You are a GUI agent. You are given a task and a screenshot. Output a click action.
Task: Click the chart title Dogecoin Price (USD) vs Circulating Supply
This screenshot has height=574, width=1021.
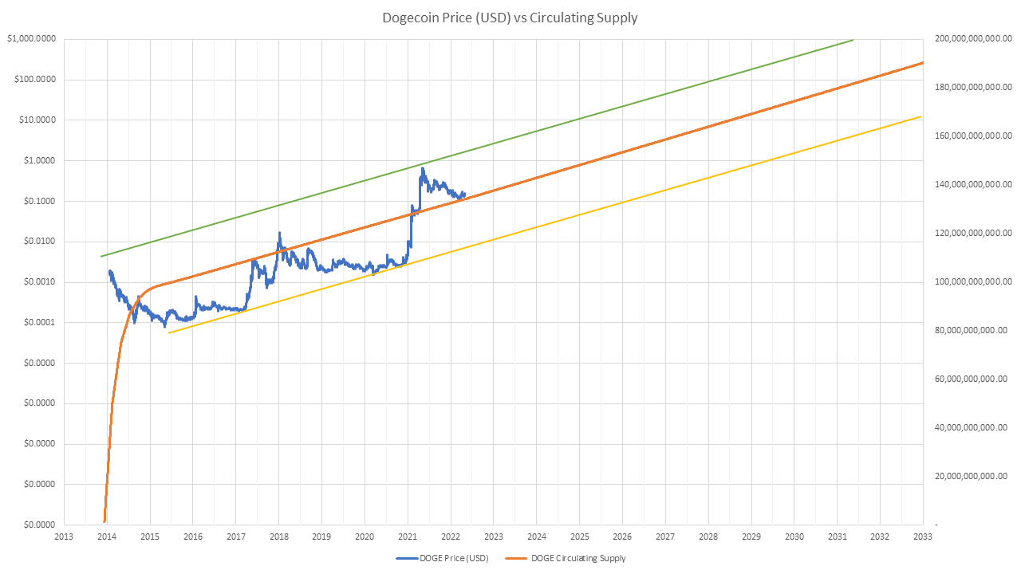pos(510,18)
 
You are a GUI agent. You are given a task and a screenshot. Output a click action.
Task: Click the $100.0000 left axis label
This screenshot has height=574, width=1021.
pos(34,80)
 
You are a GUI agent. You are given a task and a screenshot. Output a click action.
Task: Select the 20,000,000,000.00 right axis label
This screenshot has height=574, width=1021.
pos(975,477)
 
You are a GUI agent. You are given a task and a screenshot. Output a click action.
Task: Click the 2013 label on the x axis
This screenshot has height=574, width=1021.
pos(64,537)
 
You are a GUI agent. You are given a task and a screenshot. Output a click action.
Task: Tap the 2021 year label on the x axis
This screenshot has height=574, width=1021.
pos(408,537)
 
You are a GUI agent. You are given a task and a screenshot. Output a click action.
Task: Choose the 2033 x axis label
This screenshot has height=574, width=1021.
pos(923,537)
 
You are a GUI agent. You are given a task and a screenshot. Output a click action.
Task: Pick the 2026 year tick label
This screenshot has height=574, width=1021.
pos(622,537)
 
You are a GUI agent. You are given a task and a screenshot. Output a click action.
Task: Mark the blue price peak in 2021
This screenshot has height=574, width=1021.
pos(423,168)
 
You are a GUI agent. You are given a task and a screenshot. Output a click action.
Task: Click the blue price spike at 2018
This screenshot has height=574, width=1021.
pos(279,233)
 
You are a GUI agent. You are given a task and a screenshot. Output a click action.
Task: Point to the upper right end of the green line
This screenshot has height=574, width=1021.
pos(853,40)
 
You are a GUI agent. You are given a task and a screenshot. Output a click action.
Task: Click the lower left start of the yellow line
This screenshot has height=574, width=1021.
pos(169,332)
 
